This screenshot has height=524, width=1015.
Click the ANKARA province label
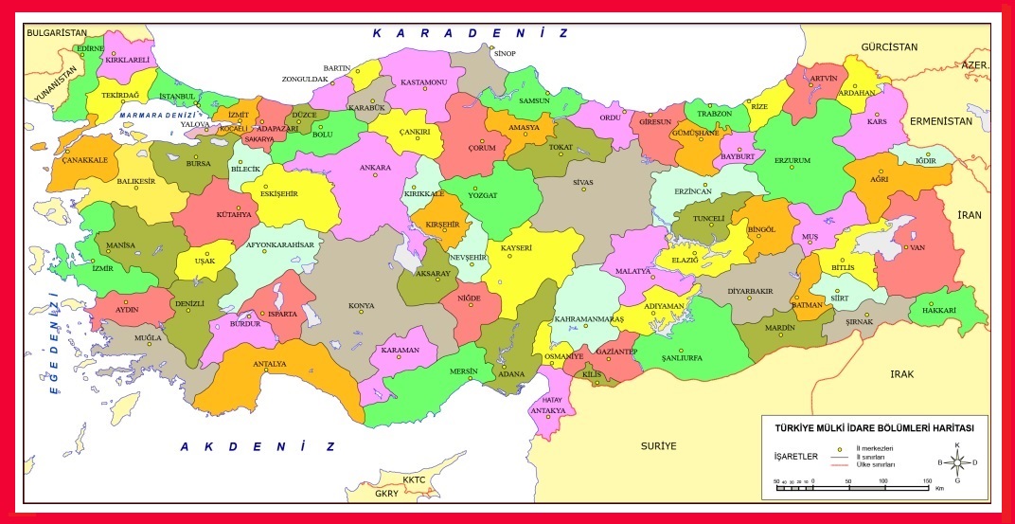click(x=375, y=168)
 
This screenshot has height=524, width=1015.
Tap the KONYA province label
click(x=361, y=306)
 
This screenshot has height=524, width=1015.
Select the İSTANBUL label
click(x=176, y=96)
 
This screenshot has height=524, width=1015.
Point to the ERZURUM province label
click(x=792, y=160)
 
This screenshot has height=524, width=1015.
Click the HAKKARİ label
click(x=941, y=311)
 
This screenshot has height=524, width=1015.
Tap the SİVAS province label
click(x=582, y=181)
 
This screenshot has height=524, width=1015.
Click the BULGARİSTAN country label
click(x=56, y=32)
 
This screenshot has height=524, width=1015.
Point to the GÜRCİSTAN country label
click(x=889, y=46)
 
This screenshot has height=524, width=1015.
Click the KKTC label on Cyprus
click(x=414, y=479)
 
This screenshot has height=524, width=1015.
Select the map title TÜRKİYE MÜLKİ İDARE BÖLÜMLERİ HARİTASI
click(x=874, y=428)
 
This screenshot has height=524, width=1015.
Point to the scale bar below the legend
click(x=851, y=487)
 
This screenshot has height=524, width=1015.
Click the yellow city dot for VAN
click(x=903, y=248)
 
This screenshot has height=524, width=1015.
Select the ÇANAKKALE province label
click(x=85, y=160)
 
